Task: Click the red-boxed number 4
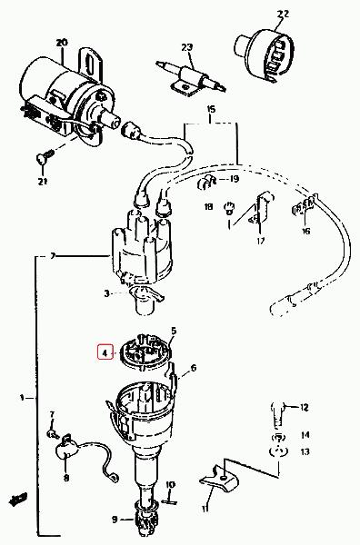click(x=105, y=353)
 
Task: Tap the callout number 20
click(x=62, y=43)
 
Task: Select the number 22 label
click(x=283, y=14)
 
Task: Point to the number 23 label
click(x=186, y=47)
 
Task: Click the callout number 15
click(x=211, y=109)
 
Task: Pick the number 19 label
click(x=235, y=179)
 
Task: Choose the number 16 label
click(x=305, y=231)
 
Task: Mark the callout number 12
click(x=304, y=407)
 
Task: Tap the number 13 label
click(x=305, y=451)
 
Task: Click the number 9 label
click(x=115, y=520)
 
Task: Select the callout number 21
click(x=43, y=182)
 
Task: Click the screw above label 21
click(x=45, y=156)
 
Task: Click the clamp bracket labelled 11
click(x=219, y=479)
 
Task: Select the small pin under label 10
click(x=169, y=501)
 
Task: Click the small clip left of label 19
click(x=206, y=183)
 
